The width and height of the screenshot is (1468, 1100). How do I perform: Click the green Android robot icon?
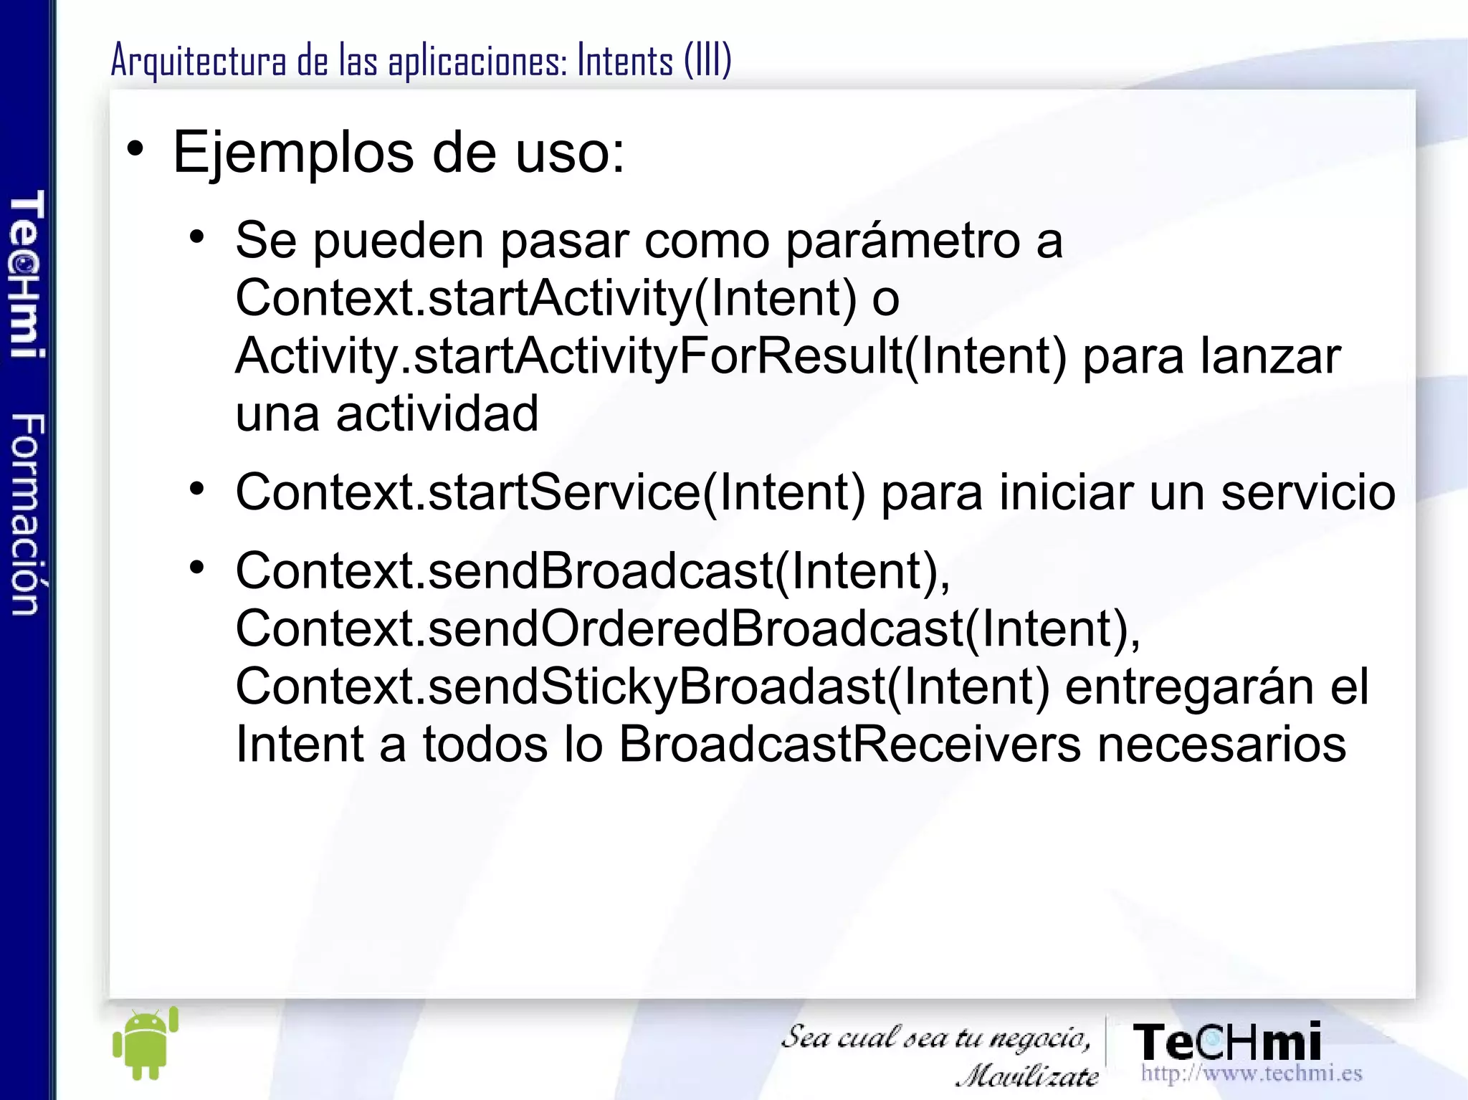click(x=146, y=1043)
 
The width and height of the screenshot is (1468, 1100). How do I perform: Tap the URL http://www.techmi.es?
click(x=1251, y=1073)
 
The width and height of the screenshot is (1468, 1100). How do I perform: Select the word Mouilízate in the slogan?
click(x=1027, y=1076)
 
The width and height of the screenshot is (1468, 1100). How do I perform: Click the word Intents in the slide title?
click(x=625, y=60)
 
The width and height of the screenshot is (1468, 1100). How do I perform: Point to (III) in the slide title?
click(x=707, y=60)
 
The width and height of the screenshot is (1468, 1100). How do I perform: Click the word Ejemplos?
click(x=294, y=153)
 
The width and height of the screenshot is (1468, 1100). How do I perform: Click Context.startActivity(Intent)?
click(x=545, y=298)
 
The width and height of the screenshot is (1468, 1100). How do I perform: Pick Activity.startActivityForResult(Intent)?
click(x=651, y=356)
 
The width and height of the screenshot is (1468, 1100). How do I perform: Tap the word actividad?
click(x=437, y=414)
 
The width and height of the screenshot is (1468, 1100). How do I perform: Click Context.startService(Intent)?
click(x=550, y=492)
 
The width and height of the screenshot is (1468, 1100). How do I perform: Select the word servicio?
click(x=1308, y=492)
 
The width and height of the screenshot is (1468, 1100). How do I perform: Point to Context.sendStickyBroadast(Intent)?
click(x=642, y=687)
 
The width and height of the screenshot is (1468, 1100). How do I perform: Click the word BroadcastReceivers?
click(x=849, y=745)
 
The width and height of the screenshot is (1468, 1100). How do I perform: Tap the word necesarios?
click(x=1221, y=745)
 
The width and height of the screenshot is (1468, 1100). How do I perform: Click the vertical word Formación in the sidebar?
click(x=28, y=514)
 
